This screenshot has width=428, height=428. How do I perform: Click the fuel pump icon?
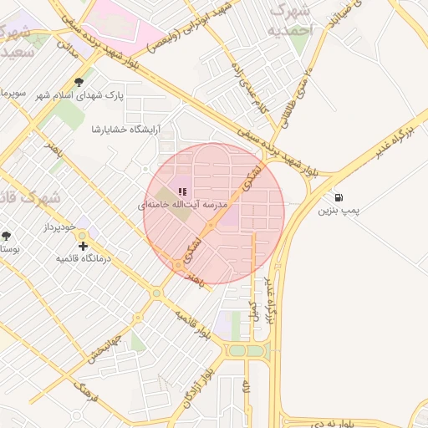(338, 197)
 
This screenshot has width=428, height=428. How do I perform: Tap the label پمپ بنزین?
(338, 211)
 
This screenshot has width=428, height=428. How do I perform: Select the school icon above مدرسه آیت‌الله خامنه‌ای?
(182, 192)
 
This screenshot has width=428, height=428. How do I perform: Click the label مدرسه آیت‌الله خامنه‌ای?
(184, 204)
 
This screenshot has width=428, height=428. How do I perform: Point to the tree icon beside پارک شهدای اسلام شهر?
(79, 82)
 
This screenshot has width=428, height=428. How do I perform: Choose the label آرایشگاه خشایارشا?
(125, 130)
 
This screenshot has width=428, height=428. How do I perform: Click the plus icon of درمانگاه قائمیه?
(82, 246)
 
